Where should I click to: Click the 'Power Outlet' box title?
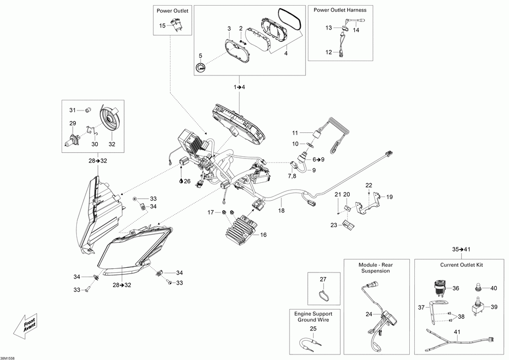tap(173, 11)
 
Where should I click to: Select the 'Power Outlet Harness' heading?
tap(340, 10)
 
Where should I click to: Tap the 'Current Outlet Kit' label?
tap(461, 265)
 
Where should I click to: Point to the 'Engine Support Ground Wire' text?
tap(313, 317)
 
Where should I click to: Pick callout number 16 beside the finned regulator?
tap(263, 235)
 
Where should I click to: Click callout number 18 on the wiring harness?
tap(281, 211)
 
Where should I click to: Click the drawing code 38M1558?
tap(8, 358)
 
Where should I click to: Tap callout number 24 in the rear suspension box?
tap(369, 314)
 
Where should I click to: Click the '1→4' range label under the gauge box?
tap(239, 87)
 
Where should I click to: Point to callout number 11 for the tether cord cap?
tap(295, 133)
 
